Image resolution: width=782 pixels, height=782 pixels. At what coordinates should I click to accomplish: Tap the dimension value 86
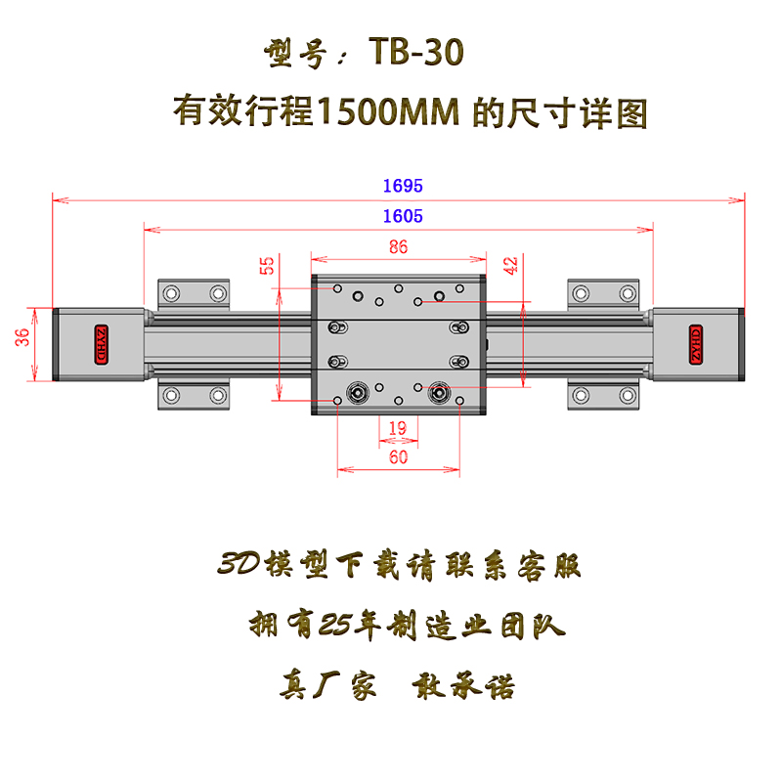398,247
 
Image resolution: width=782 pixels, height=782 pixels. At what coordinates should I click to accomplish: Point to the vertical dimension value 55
266,266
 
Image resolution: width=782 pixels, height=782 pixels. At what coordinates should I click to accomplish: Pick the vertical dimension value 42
510,266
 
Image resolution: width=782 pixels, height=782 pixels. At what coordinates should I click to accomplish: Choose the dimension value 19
397,427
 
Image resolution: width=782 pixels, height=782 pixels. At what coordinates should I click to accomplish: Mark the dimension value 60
398,456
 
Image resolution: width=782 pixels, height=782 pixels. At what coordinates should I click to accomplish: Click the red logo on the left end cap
99,343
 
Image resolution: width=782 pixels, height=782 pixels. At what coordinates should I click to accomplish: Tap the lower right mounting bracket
604,396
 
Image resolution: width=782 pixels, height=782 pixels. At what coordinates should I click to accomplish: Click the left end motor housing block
98,344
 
